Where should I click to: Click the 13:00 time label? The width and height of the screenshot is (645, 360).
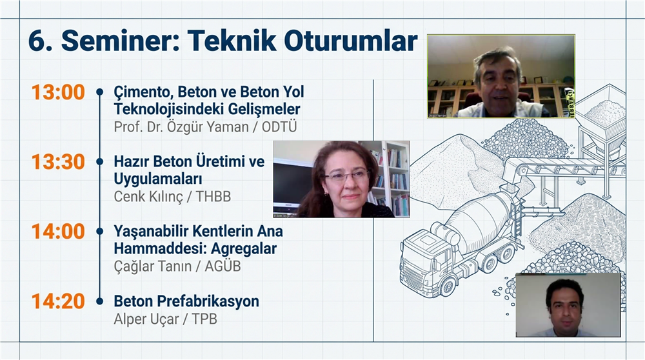click(x=58, y=92)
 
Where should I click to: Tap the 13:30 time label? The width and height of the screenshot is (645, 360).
click(x=58, y=162)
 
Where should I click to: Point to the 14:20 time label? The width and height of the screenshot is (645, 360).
click(x=58, y=301)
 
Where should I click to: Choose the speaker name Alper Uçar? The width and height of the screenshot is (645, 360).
click(x=146, y=319)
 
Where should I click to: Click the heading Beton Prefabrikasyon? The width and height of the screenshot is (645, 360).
click(x=186, y=301)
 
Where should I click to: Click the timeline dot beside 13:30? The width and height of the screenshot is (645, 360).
click(x=99, y=162)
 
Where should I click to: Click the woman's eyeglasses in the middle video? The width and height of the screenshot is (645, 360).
click(x=345, y=175)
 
